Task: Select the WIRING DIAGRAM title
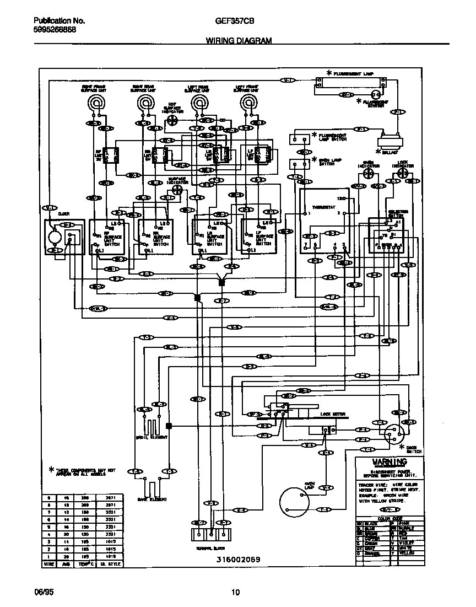[239, 41]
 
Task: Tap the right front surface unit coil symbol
[97, 103]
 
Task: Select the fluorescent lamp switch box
[300, 138]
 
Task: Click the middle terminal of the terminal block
[210, 534]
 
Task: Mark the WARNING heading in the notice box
[389, 461]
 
